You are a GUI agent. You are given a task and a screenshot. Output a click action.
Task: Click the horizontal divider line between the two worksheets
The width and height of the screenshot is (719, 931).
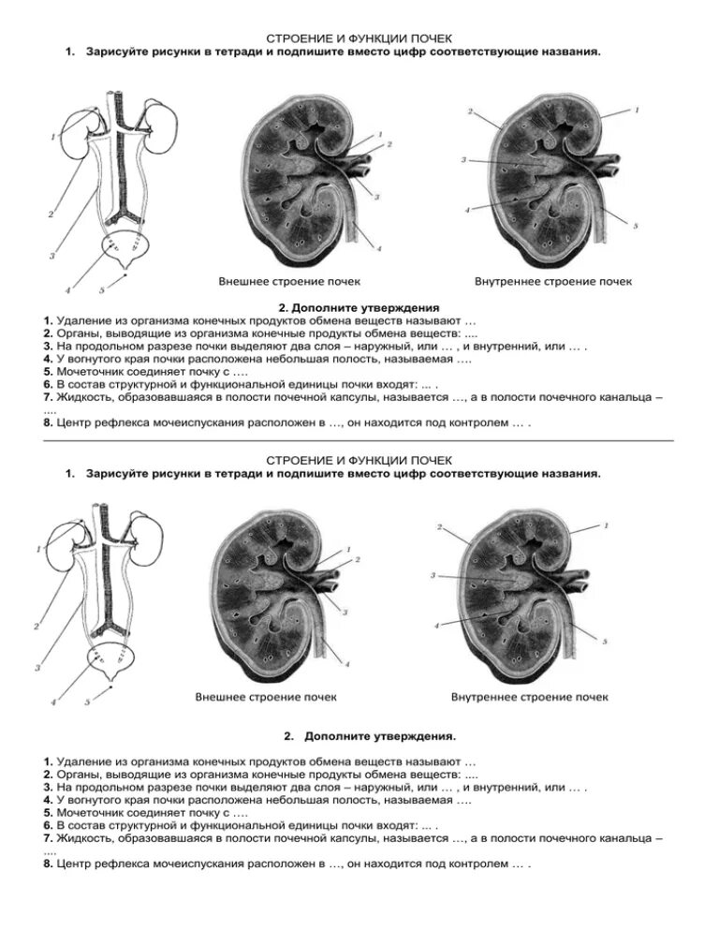click(359, 438)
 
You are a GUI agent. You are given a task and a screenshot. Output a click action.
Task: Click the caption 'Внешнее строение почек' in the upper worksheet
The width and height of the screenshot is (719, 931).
click(289, 281)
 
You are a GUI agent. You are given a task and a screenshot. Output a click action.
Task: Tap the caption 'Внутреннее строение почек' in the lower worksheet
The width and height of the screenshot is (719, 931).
click(529, 697)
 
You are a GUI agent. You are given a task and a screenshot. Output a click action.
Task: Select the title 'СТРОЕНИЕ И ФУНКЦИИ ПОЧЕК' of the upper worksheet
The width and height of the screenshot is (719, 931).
click(359, 39)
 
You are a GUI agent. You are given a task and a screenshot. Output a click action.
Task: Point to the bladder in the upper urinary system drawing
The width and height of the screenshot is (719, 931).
click(125, 252)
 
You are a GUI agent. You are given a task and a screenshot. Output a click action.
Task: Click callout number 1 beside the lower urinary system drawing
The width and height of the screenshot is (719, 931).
click(38, 549)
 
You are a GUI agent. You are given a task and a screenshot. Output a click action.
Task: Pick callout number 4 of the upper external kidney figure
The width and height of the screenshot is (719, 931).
click(378, 248)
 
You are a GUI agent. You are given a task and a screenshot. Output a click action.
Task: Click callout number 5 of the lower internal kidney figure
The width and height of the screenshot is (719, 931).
click(605, 642)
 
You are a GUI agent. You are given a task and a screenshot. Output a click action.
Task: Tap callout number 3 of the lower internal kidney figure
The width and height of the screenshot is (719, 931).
click(433, 574)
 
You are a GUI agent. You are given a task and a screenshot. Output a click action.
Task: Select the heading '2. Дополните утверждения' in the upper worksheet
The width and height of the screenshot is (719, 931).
click(359, 306)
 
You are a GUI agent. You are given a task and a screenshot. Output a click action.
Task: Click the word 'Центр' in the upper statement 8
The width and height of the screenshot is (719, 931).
click(73, 422)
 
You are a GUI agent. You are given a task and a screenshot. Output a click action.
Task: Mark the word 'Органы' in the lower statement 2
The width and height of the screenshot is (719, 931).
click(78, 776)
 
